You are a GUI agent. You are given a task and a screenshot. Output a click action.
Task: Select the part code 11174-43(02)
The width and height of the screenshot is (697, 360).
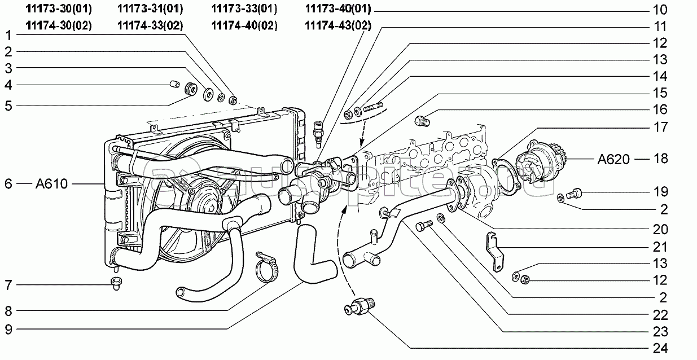pyautogui.click(x=337, y=25)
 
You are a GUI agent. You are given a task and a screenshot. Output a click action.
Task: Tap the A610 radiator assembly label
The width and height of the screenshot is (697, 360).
pyautogui.click(x=51, y=183)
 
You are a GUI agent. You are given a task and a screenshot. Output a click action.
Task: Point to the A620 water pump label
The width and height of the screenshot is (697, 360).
pyautogui.click(x=613, y=159)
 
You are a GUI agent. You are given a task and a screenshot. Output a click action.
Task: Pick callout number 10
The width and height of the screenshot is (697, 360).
pyautogui.click(x=661, y=10)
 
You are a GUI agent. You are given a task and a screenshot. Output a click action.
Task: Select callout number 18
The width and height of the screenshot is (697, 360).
pyautogui.click(x=661, y=159)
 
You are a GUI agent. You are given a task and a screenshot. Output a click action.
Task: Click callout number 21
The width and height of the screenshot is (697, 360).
pyautogui.click(x=661, y=247)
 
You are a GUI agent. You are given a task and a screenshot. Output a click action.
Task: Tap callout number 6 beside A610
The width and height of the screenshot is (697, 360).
pyautogui.click(x=8, y=183)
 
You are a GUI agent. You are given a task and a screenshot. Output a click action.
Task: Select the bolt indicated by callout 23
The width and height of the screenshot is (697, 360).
pyautogui.click(x=424, y=226)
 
